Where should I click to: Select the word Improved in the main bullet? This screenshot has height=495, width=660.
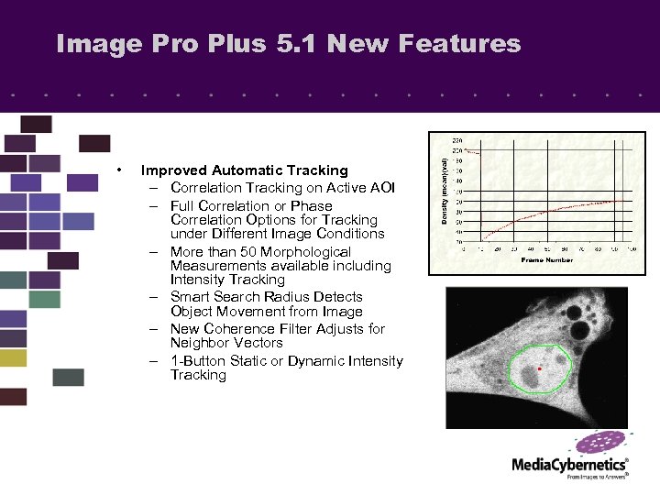(173, 170)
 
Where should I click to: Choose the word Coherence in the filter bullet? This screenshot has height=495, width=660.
(238, 329)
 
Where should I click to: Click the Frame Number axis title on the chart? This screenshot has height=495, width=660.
(546, 260)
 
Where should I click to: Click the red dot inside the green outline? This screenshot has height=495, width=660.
(541, 368)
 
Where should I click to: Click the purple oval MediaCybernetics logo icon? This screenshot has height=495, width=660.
(600, 444)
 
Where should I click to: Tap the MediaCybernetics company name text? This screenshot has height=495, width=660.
(568, 466)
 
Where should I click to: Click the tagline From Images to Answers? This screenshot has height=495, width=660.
(597, 477)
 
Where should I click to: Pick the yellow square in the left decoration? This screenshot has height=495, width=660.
(13, 357)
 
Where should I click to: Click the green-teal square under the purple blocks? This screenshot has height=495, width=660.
(44, 299)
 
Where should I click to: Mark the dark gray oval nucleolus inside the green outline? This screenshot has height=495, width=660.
(530, 375)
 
